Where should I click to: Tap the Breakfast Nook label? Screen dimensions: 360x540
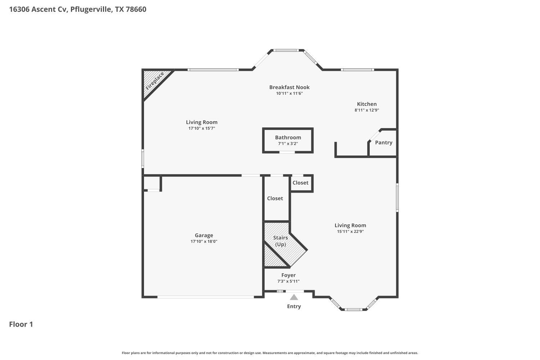[x=289, y=87]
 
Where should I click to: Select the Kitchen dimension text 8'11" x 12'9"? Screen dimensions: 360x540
[x=366, y=110]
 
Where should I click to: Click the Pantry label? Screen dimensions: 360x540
[x=383, y=143]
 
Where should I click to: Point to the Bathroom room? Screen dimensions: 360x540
[x=288, y=140]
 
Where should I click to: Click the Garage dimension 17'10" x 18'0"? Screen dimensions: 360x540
[x=204, y=242]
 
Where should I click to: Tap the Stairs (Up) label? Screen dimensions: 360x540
[x=280, y=241]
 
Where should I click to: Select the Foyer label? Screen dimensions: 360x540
[x=288, y=275]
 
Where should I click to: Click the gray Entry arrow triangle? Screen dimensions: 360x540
[x=294, y=297]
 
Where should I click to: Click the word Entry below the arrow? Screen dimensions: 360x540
[x=294, y=306]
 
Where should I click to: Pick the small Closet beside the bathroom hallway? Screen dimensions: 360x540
[x=300, y=183]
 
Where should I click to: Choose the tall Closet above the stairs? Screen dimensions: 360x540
[x=275, y=198]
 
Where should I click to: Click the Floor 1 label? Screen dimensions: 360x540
[x=21, y=324]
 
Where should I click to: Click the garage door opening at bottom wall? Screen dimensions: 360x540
[x=206, y=297]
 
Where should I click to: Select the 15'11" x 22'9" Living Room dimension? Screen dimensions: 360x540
[x=350, y=231]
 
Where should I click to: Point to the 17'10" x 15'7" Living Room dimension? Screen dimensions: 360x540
[x=202, y=129]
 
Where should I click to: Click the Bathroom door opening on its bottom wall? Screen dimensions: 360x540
[x=287, y=152]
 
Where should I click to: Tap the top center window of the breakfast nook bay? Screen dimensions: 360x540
[x=285, y=50]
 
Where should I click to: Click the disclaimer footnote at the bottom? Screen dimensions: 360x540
[x=270, y=353]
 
